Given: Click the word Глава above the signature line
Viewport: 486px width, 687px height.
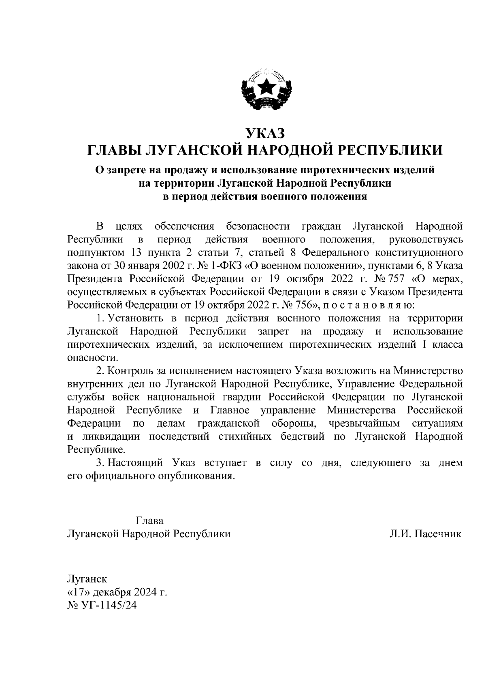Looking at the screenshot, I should tap(149, 521).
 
